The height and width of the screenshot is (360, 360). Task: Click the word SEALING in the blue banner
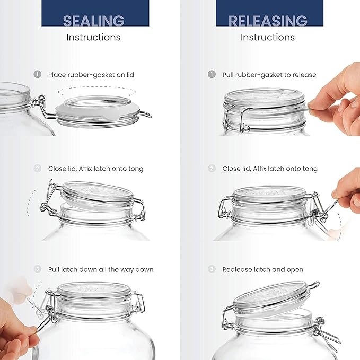click(x=94, y=21)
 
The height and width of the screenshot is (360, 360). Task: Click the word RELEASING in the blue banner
click(x=268, y=21)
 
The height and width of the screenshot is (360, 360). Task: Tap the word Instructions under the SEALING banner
click(x=93, y=37)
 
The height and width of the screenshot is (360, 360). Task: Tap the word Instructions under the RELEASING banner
click(x=268, y=37)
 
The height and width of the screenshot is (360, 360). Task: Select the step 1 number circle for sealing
click(x=38, y=75)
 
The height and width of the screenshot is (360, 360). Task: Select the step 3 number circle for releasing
click(x=212, y=269)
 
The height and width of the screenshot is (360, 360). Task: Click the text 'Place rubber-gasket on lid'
click(x=91, y=75)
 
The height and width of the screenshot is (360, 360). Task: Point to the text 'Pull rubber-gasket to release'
click(x=269, y=75)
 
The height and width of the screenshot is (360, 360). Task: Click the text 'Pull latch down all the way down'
click(x=101, y=269)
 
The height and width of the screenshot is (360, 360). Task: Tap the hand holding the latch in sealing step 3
click(x=16, y=329)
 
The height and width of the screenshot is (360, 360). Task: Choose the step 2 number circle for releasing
click(x=212, y=169)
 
